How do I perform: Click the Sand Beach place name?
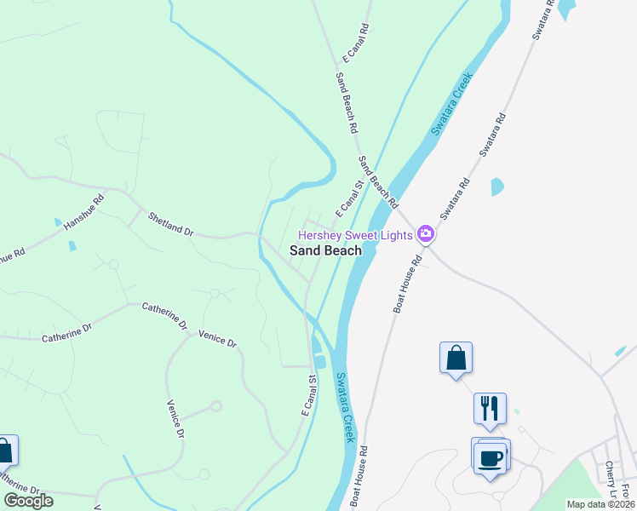[325, 250]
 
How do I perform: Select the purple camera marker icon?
[425, 234]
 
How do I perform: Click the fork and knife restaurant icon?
[490, 408]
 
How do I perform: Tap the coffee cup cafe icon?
[490, 458]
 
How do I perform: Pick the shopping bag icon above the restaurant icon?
[456, 357]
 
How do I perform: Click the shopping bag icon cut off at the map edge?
[6, 451]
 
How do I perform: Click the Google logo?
[29, 501]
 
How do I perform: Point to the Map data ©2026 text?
[600, 504]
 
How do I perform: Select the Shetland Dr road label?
[170, 225]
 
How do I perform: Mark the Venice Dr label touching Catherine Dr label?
[217, 337]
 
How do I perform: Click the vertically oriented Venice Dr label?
[175, 419]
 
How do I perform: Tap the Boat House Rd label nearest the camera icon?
[407, 285]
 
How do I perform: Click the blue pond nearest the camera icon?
[497, 187]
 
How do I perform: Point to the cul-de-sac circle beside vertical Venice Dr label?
[216, 406]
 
